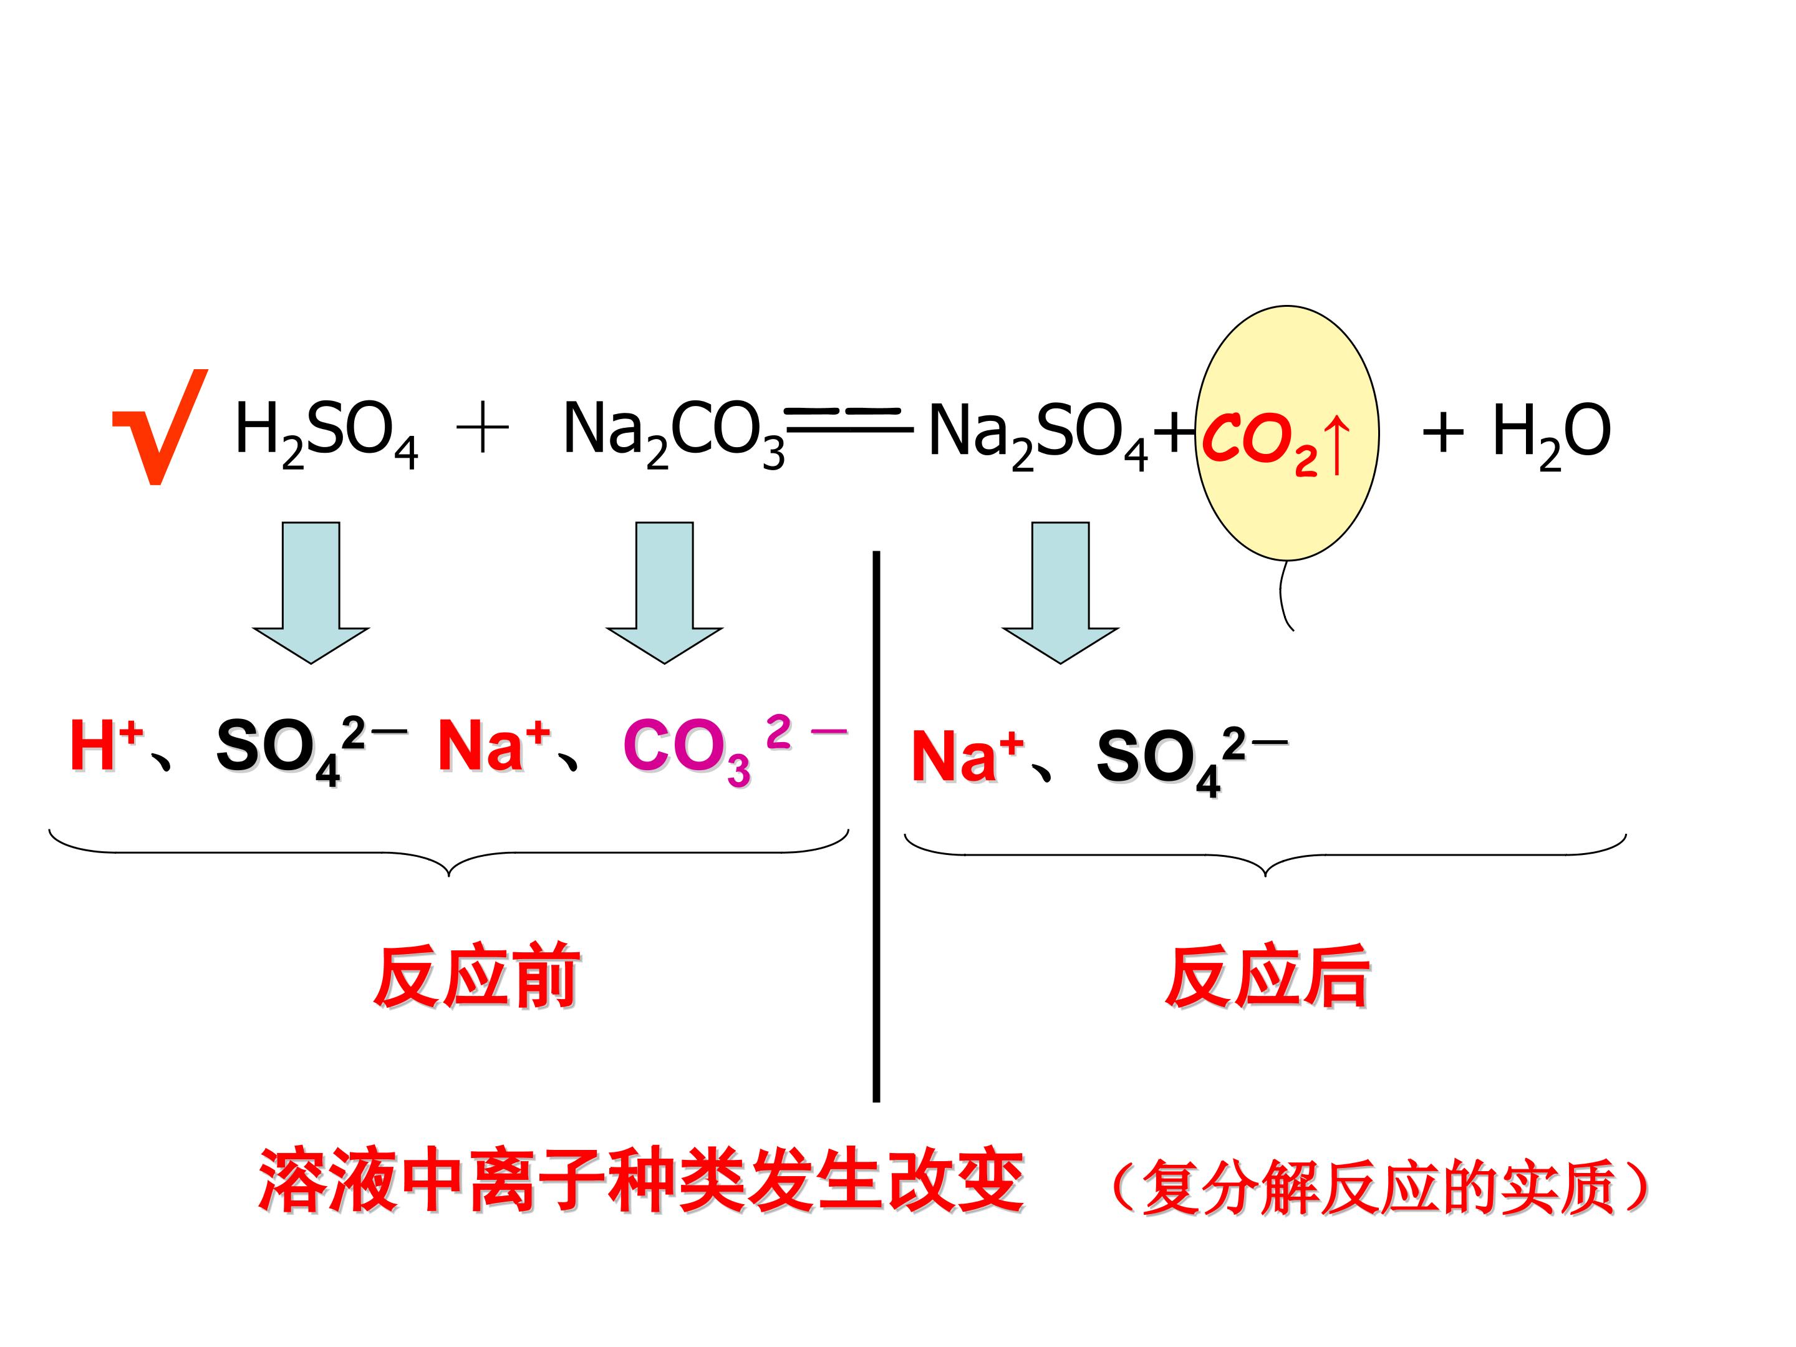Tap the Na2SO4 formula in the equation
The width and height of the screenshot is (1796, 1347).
coord(1038,435)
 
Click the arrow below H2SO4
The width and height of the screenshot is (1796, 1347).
coord(311,592)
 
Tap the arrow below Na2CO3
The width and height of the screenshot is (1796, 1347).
coord(664,592)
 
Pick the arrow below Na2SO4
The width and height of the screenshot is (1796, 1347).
coord(1060,592)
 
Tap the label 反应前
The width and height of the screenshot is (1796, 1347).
coord(476,976)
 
